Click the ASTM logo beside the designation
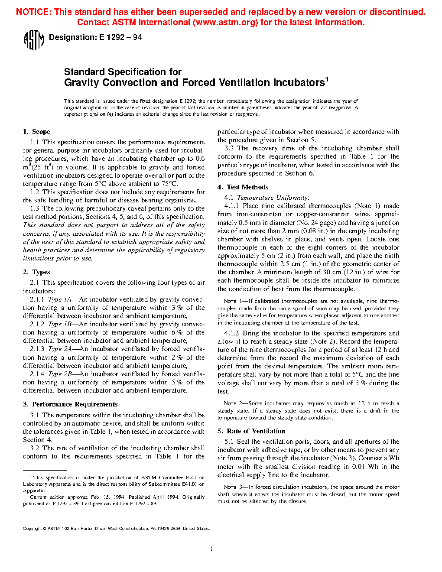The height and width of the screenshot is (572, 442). tap(33, 40)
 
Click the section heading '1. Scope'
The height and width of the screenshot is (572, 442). tap(36, 132)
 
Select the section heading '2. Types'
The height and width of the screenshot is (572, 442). tap(36, 272)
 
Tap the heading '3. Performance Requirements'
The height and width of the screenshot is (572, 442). tap(70, 404)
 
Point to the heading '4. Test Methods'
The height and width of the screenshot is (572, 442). tap(243, 187)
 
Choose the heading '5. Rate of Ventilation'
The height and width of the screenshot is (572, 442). tap(251, 431)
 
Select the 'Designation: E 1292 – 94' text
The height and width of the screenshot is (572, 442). tap(95, 37)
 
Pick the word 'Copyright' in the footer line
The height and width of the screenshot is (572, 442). tap(32, 529)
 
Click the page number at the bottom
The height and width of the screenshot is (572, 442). tap(211, 549)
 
